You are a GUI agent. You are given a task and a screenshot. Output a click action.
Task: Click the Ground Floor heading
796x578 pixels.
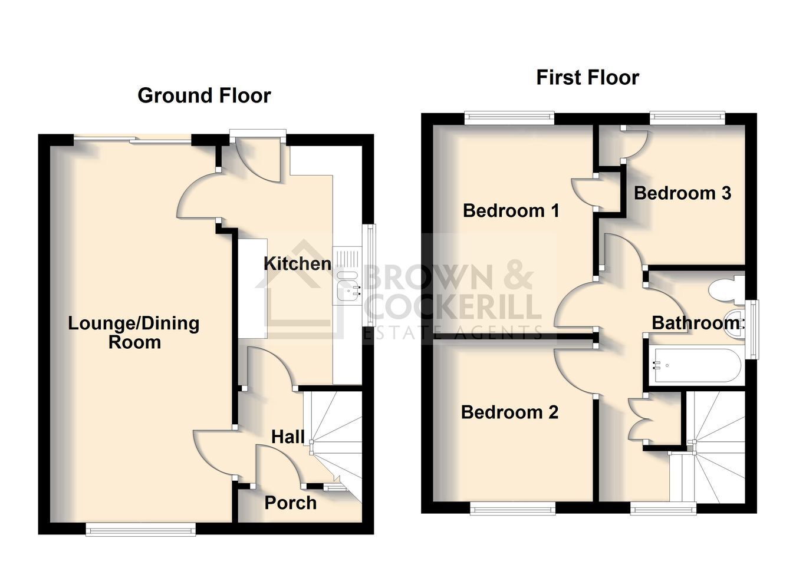click(205, 96)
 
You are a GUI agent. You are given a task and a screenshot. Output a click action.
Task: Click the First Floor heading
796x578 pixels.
click(588, 78)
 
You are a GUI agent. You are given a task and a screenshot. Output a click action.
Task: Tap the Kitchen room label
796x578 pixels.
click(298, 264)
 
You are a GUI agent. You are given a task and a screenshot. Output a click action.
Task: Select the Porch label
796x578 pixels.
click(291, 503)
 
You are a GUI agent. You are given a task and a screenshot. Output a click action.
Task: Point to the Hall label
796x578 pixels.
click(288, 437)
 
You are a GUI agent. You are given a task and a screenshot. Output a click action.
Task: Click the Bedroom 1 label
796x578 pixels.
click(511, 210)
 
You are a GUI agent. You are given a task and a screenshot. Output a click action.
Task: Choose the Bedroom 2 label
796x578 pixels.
click(509, 412)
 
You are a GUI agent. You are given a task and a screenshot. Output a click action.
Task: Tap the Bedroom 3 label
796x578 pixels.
click(683, 193)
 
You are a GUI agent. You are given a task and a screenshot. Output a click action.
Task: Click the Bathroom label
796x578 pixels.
click(698, 323)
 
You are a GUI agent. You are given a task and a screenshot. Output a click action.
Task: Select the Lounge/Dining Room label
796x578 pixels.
click(134, 333)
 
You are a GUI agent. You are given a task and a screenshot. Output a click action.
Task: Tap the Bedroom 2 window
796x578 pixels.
click(512, 510)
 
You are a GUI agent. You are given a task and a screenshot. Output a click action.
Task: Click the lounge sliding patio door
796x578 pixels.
click(133, 140)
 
